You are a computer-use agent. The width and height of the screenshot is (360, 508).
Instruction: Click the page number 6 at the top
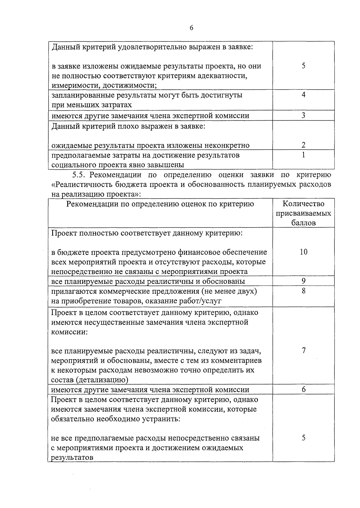click(191, 28)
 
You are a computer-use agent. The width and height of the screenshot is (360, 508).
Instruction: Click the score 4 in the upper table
click(304, 95)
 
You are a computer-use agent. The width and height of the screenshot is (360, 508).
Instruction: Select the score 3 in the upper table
click(304, 116)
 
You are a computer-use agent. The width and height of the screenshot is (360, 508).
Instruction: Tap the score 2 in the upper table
click(304, 145)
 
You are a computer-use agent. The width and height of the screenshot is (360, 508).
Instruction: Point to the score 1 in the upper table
click(304, 155)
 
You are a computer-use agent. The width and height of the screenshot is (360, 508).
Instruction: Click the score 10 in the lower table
click(304, 252)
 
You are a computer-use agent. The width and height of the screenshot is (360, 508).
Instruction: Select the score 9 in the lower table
click(304, 281)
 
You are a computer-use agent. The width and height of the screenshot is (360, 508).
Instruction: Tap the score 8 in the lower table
click(304, 291)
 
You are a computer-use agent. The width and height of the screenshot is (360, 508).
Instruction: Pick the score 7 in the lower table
click(304, 350)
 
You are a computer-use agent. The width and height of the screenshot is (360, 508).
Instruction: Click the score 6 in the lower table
click(304, 389)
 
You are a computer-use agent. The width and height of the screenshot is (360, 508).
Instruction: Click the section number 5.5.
click(79, 175)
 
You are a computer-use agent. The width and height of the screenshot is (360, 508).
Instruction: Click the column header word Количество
click(304, 204)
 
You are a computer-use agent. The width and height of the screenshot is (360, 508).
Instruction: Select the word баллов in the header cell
click(304, 223)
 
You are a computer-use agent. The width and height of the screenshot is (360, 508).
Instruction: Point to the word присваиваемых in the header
click(304, 214)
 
